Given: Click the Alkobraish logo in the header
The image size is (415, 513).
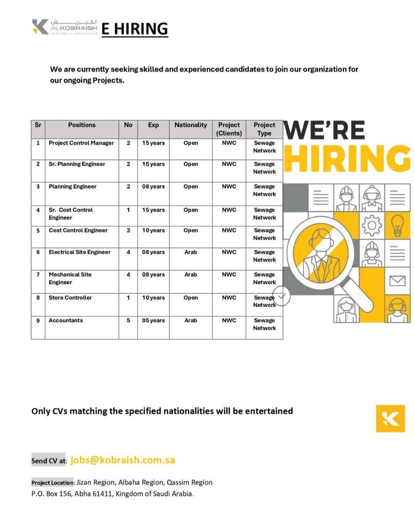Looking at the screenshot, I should click(x=65, y=27).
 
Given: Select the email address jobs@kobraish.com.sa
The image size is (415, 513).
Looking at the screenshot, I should click(x=123, y=460).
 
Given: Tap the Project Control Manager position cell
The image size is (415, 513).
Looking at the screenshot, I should click(x=81, y=143).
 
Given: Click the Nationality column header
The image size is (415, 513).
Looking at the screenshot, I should click(x=191, y=125).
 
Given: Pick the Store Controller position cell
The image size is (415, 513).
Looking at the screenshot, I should click(x=70, y=298).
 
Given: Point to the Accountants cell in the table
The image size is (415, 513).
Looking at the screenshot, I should click(x=66, y=320).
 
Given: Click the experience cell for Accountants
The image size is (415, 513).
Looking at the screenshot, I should click(x=153, y=320).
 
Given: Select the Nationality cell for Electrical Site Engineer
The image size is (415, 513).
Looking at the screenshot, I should click(x=191, y=252).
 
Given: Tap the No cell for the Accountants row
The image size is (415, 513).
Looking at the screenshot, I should click(x=128, y=320).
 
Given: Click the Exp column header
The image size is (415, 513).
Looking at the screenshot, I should click(x=153, y=125).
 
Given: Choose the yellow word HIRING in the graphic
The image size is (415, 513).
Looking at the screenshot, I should click(x=347, y=159).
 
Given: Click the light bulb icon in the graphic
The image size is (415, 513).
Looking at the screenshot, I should click(x=397, y=225).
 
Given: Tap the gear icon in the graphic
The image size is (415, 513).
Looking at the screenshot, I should click(x=372, y=226).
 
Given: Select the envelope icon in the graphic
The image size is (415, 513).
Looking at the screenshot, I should click(x=397, y=280).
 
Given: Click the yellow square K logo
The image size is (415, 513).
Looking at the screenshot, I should click(x=390, y=418).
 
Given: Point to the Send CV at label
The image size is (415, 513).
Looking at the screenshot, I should click(x=49, y=461).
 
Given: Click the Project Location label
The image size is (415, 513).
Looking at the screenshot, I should click(x=52, y=483).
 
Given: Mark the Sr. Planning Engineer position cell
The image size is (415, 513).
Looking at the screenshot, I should click(x=77, y=164).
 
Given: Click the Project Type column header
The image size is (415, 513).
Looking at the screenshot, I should click(x=264, y=129).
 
